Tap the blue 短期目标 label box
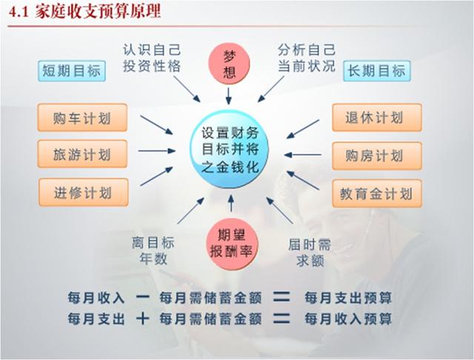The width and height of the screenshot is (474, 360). tap(72, 71)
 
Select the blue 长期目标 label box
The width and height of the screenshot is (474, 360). tap(377, 71)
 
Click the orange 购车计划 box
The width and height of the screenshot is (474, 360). tap(82, 118)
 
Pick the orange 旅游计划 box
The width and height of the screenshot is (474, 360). tap(82, 154)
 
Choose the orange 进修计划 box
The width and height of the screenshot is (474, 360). tap(84, 193)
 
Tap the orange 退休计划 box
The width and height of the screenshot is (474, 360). tap(377, 118)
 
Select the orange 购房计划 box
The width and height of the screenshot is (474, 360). tap(377, 156)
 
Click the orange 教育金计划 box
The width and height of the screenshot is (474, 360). tap(377, 193)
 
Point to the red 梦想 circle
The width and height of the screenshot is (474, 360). tap(229, 64)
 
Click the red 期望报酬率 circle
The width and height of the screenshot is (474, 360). tap(232, 244)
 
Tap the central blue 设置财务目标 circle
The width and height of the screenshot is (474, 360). tap(230, 150)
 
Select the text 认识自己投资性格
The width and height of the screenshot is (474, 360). tap(152, 58)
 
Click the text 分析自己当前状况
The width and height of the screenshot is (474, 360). tap(307, 58)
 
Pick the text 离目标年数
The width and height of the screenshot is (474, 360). tap(153, 251)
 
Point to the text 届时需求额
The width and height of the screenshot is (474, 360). tap(310, 253)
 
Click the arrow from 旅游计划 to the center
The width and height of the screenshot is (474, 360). tap(157, 150)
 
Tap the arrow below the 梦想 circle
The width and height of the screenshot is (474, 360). tap(229, 96)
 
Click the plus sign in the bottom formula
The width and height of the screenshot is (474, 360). tap(142, 319)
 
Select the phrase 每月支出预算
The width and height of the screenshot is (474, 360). tap(348, 298)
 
